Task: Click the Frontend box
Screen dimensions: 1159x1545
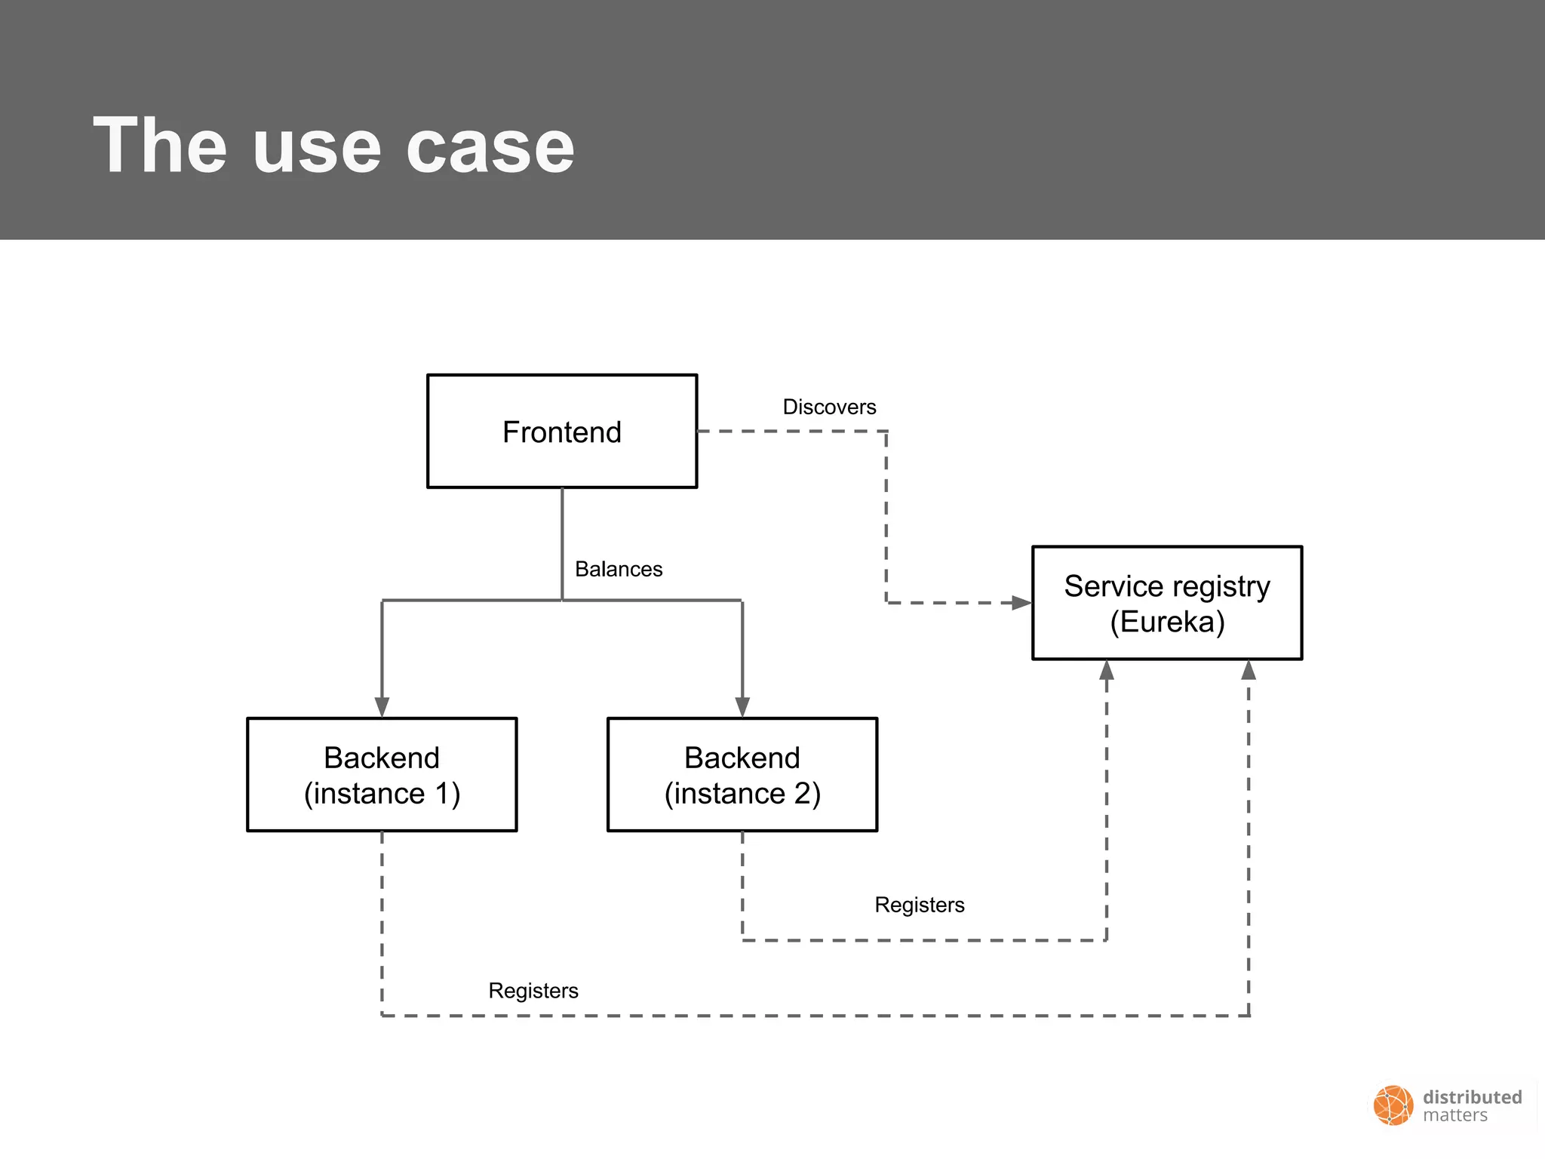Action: [562, 432]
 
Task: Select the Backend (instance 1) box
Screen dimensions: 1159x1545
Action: [382, 775]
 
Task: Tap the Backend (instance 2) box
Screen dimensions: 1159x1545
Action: [742, 775]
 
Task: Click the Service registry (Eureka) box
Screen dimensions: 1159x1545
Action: [1167, 603]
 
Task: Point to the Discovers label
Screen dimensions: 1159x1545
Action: [829, 407]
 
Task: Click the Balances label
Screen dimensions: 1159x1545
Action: [619, 569]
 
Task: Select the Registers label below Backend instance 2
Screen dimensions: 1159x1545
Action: [919, 905]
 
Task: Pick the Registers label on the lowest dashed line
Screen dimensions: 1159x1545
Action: [533, 991]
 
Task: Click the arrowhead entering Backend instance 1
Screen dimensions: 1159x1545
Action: [382, 706]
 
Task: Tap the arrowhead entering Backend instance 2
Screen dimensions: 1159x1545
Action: [742, 706]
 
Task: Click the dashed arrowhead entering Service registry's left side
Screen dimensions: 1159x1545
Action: [1021, 603]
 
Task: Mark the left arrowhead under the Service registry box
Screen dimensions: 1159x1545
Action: [1107, 670]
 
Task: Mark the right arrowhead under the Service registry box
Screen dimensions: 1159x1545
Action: [1249, 670]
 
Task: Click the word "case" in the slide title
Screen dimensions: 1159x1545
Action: [490, 148]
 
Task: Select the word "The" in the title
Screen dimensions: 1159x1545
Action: [160, 146]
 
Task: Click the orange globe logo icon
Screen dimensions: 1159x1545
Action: [1393, 1105]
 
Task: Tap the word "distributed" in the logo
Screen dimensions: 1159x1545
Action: [1472, 1097]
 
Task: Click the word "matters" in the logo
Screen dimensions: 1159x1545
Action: [1454, 1116]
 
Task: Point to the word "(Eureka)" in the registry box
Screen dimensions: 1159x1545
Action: [1167, 622]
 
